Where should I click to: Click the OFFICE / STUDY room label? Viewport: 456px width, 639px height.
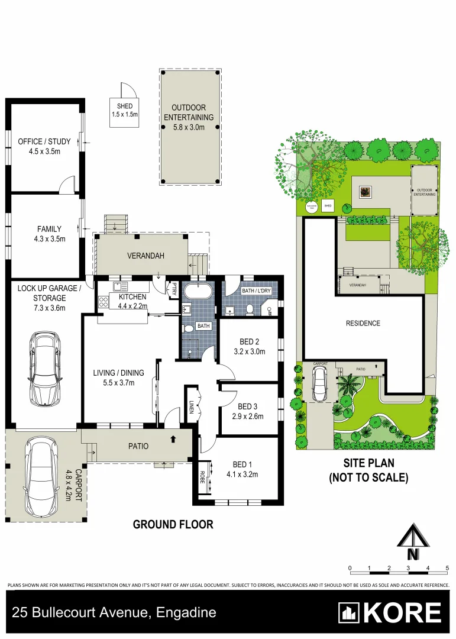(44, 141)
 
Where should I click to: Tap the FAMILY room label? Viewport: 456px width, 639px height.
(49, 229)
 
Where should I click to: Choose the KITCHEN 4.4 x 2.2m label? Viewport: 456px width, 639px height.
(132, 297)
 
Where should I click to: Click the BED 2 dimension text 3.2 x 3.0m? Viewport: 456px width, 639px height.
(249, 351)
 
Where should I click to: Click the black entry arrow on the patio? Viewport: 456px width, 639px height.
(173, 439)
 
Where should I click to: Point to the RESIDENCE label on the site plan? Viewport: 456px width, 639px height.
(363, 323)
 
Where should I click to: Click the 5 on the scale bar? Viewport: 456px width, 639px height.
(447, 568)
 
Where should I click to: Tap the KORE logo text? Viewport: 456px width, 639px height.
(402, 613)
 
